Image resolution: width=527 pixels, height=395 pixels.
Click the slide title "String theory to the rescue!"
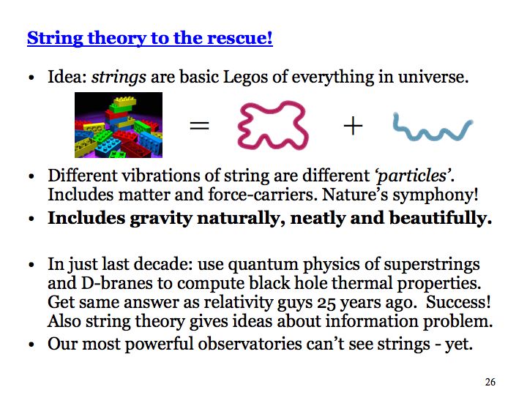(x=149, y=38)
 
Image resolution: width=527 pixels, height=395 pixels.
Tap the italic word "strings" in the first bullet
(x=119, y=78)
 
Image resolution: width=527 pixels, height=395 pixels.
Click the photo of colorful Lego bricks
(x=119, y=125)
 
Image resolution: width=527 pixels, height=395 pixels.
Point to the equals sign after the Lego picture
(x=200, y=126)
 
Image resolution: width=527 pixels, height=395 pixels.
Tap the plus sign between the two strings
(x=354, y=126)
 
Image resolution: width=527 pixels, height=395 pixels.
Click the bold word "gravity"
(x=160, y=219)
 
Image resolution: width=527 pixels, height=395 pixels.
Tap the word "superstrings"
(x=432, y=264)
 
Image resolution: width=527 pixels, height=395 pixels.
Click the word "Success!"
(x=458, y=302)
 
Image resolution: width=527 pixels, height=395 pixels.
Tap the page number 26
(x=490, y=382)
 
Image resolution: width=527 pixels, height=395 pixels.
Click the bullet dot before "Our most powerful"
(x=31, y=345)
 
